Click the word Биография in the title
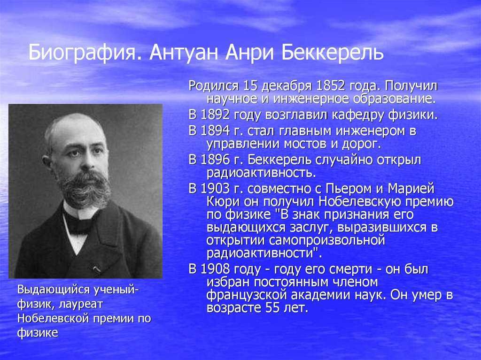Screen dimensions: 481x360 pos(82,53)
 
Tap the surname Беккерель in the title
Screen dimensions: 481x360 pos(332,53)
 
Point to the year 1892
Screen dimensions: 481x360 pos(215,115)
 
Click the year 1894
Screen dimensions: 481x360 pos(215,131)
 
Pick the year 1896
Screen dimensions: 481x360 pos(215,160)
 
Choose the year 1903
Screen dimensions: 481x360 pos(215,188)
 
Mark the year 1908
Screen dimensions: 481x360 pos(215,269)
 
